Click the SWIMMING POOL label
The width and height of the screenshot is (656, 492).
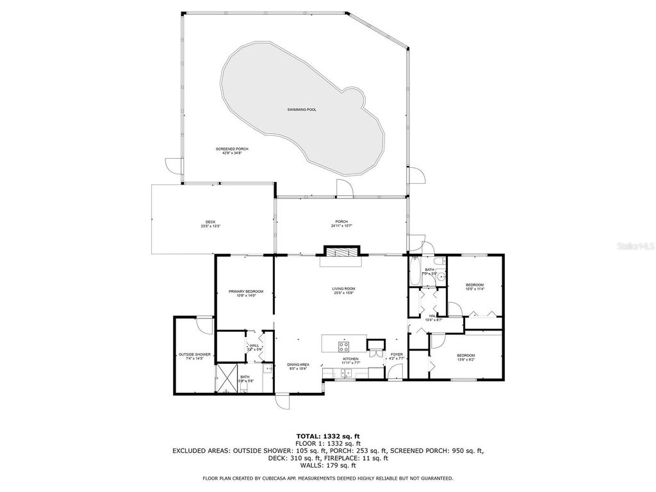tap(301, 110)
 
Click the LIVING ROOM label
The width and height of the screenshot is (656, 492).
tap(343, 289)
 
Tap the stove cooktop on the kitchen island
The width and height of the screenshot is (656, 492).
tap(343, 347)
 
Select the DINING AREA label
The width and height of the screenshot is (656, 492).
tap(298, 364)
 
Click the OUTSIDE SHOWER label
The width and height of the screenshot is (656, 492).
tap(195, 354)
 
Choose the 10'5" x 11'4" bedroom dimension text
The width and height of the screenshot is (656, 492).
tap(475, 289)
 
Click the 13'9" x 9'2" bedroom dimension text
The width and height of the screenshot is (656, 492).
tap(466, 359)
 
